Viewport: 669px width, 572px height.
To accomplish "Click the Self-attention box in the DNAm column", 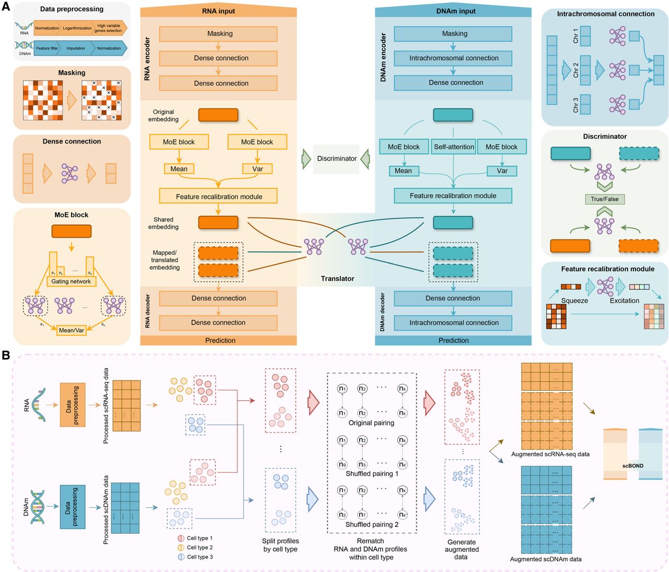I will pos(454,147).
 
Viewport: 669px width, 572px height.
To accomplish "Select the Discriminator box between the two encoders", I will pos(337,159).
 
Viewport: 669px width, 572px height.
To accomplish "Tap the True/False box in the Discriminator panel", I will pos(604,199).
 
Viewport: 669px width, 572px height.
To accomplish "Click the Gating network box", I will pos(71,282).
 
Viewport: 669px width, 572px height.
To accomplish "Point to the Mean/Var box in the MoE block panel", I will pos(71,330).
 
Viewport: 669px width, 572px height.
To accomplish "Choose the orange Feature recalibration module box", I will pos(218,196).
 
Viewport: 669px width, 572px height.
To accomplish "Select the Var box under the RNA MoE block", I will pos(257,169).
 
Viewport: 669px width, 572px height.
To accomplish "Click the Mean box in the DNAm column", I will pos(403,171).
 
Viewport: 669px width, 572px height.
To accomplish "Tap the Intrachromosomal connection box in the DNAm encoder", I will pos(453,58).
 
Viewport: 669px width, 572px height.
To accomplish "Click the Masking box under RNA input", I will pos(219,33).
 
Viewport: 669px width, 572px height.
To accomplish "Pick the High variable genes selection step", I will pos(109,28).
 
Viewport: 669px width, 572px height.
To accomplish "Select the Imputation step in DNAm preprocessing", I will pos(76,48).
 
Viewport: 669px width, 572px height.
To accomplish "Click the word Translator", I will pos(337,278).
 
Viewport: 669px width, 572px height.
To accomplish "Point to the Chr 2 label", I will pos(575,70).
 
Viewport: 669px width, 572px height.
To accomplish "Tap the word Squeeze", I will pos(574,300).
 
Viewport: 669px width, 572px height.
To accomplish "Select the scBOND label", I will pos(632,466).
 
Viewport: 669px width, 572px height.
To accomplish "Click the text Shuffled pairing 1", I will pos(372,474).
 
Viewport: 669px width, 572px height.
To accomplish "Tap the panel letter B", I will pos(6,356).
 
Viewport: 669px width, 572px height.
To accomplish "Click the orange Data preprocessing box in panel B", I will pos(72,405).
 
